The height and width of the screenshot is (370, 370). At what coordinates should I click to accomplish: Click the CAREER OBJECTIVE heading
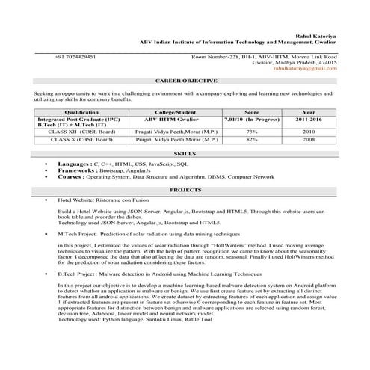[186, 80]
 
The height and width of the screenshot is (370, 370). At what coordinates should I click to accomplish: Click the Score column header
[252, 111]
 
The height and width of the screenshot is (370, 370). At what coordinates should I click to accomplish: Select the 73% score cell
[252, 131]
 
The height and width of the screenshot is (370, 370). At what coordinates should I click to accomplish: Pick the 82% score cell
[252, 139]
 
